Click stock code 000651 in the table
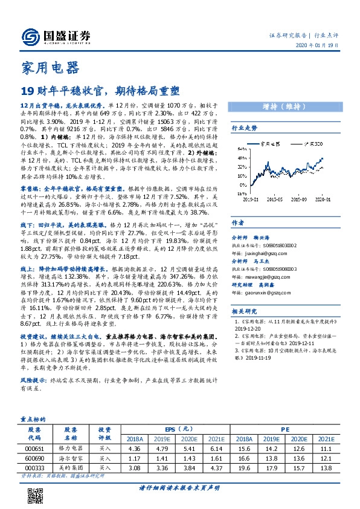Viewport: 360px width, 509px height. click(35, 448)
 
